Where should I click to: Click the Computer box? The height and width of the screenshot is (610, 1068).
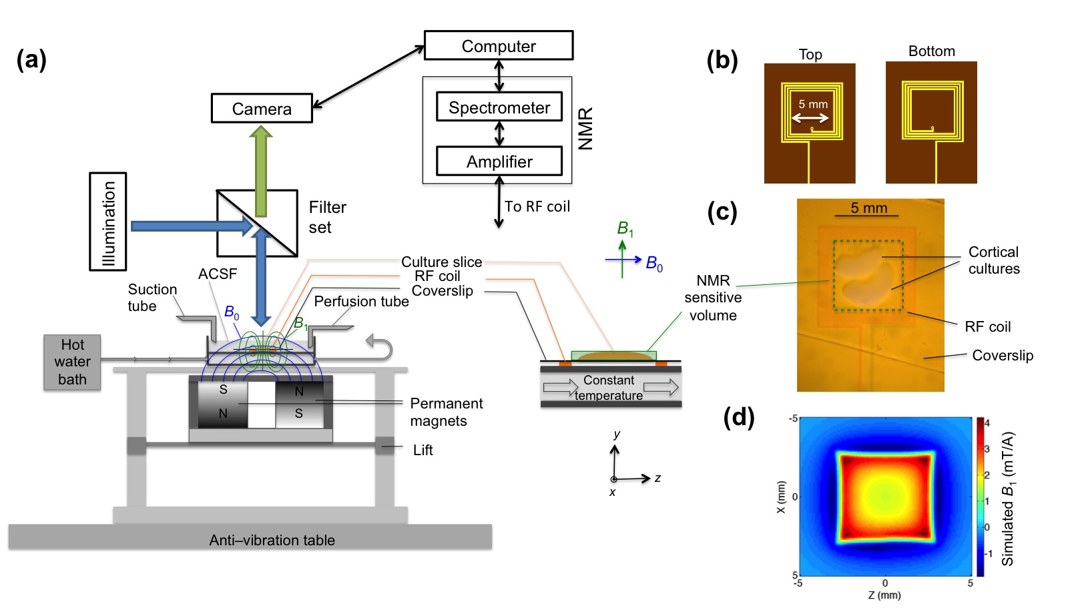499,45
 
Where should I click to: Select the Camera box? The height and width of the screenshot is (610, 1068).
262,108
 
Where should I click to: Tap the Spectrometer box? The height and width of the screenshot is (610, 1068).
499,107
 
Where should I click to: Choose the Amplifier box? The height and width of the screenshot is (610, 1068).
499,161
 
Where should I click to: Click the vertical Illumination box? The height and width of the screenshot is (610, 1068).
108,222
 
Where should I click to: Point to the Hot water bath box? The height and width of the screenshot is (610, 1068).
72,362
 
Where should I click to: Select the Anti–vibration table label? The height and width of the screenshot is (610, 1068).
272,540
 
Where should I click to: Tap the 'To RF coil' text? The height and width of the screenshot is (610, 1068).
537,206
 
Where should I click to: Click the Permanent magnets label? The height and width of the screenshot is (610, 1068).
446,412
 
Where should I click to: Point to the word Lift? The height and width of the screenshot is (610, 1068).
423,450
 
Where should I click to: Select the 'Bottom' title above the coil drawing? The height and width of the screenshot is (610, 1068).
931,51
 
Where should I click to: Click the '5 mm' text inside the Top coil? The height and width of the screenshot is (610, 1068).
813,104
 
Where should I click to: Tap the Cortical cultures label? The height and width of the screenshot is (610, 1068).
994,260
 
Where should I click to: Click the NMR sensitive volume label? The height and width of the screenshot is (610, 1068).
713,298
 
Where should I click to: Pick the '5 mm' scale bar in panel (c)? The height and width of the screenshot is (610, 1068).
868,210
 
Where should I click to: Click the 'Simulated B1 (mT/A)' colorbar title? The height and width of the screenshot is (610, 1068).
1008,498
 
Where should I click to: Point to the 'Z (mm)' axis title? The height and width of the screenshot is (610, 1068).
884,595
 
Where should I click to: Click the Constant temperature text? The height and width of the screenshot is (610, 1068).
609,387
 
